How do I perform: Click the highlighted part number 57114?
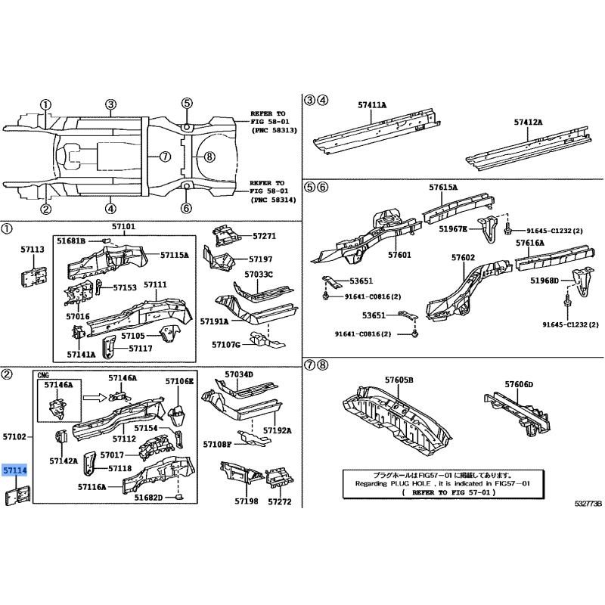click(14, 470)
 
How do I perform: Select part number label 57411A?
click(372, 104)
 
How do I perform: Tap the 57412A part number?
click(528, 122)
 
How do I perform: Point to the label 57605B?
click(399, 380)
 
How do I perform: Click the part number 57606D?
click(519, 384)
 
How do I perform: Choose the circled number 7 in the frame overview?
click(165, 157)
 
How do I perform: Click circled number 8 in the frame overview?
click(209, 157)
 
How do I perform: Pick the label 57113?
click(33, 250)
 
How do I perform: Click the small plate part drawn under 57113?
click(33, 276)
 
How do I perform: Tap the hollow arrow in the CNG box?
click(95, 397)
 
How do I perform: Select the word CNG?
click(43, 375)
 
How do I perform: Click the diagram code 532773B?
click(588, 504)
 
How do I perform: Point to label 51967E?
click(453, 229)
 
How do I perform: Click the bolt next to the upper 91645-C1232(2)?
click(507, 229)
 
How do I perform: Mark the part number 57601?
click(400, 255)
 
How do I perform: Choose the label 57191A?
click(214, 321)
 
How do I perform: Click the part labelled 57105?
click(169, 334)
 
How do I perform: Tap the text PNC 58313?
click(275, 130)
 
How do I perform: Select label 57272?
click(280, 501)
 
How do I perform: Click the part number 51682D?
click(148, 498)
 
